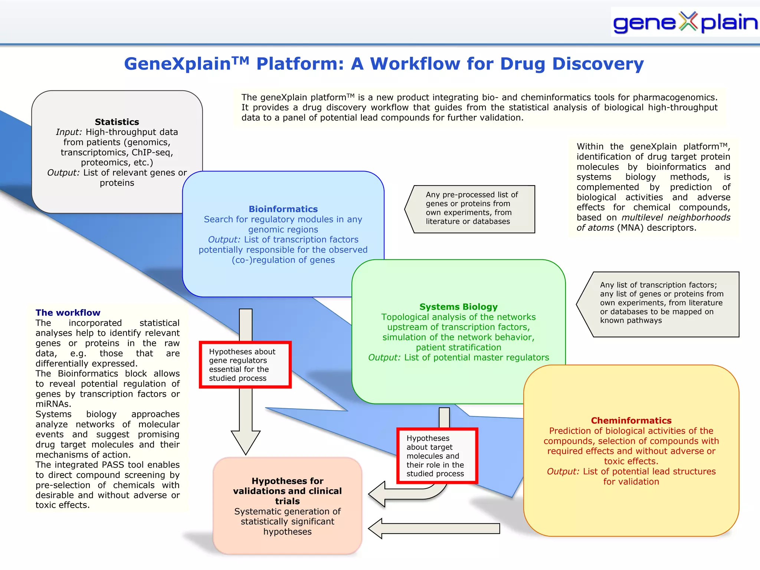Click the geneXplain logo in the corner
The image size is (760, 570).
(x=685, y=22)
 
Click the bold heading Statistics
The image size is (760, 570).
(x=117, y=122)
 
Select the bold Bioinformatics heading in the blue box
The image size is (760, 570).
(x=283, y=209)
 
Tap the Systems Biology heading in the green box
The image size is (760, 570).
(x=458, y=307)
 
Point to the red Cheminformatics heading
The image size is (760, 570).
(x=631, y=420)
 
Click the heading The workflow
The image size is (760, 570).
(x=68, y=313)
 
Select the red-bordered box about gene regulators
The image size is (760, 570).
(x=245, y=365)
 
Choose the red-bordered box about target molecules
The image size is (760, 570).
(x=437, y=456)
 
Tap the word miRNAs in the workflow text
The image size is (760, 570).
(x=53, y=404)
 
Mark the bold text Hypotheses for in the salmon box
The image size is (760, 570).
(x=287, y=481)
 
